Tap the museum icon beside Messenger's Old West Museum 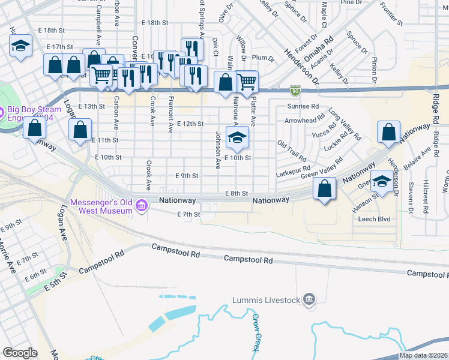point(142,206)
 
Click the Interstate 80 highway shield point(295,90)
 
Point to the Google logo point(20,352)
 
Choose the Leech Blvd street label point(375,219)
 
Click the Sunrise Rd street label point(303,106)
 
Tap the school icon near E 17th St point(20,46)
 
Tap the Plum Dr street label point(263,58)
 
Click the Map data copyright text point(424,355)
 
